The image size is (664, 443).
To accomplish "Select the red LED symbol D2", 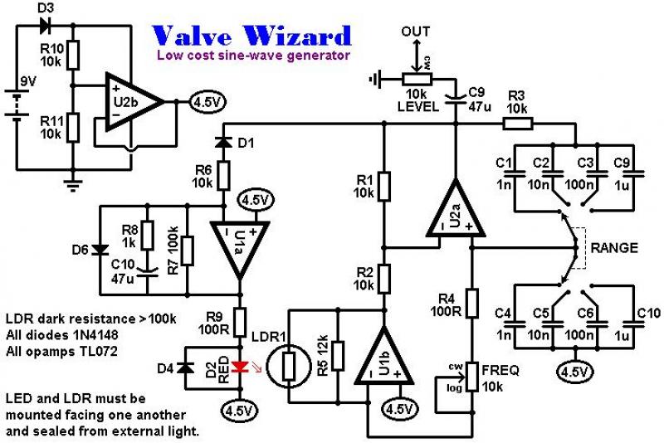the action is (x=240, y=367).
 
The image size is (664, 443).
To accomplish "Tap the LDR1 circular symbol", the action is (x=288, y=365).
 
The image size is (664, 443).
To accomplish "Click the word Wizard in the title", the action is (x=297, y=36).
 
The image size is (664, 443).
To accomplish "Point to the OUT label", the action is (x=416, y=32).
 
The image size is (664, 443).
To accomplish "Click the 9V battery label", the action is (x=29, y=80).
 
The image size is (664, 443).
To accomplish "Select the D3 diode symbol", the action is (x=45, y=26).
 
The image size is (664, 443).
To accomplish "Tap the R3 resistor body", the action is (x=517, y=124).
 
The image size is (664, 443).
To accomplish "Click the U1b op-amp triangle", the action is (x=384, y=356).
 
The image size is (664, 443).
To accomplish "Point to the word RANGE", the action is (x=614, y=247).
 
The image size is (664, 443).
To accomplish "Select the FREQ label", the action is (x=500, y=370).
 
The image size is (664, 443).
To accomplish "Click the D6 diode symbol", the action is (x=100, y=250).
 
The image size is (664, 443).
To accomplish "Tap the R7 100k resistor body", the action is (x=188, y=251).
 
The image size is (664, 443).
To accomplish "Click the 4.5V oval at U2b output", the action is (x=207, y=102).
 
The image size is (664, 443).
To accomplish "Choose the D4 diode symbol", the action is (x=185, y=368).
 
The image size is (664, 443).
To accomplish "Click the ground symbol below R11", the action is (x=73, y=185).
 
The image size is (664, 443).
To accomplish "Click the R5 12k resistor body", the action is (x=338, y=356).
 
